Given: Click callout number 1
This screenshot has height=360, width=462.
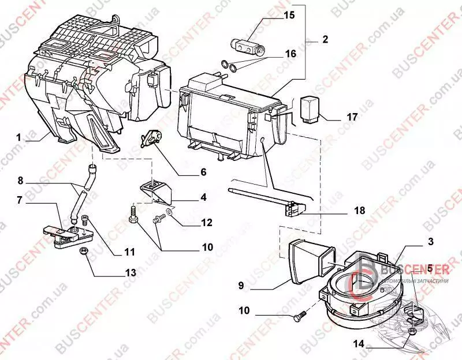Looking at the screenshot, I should (x=18, y=138).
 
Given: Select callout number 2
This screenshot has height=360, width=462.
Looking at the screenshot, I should (x=325, y=40).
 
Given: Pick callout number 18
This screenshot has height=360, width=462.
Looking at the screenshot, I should (x=359, y=211).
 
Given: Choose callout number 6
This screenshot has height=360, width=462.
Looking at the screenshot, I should (x=203, y=171).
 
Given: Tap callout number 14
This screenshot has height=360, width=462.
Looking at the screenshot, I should (x=360, y=344).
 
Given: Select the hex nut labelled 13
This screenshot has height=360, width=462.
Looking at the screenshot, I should (x=83, y=252).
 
